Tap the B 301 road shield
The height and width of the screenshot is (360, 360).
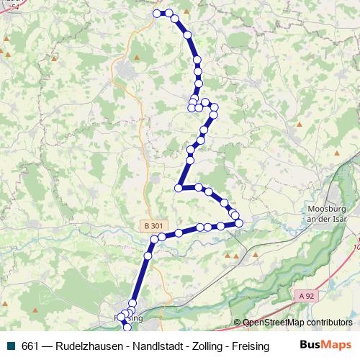(153, 226)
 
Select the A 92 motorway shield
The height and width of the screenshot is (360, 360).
(305, 294)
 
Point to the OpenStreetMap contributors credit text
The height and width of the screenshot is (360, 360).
(297, 323)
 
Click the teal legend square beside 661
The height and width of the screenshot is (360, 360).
(10, 346)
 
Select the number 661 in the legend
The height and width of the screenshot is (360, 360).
(30, 346)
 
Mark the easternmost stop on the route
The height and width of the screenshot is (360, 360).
(239, 222)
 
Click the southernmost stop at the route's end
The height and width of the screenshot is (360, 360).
(128, 328)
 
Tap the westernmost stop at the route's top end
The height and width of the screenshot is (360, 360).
(158, 13)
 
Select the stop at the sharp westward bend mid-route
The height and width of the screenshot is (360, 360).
(178, 188)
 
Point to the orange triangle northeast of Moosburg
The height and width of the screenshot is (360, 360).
(336, 153)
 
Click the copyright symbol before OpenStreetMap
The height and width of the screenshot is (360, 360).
(238, 323)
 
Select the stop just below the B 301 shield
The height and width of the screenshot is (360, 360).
(154, 238)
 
